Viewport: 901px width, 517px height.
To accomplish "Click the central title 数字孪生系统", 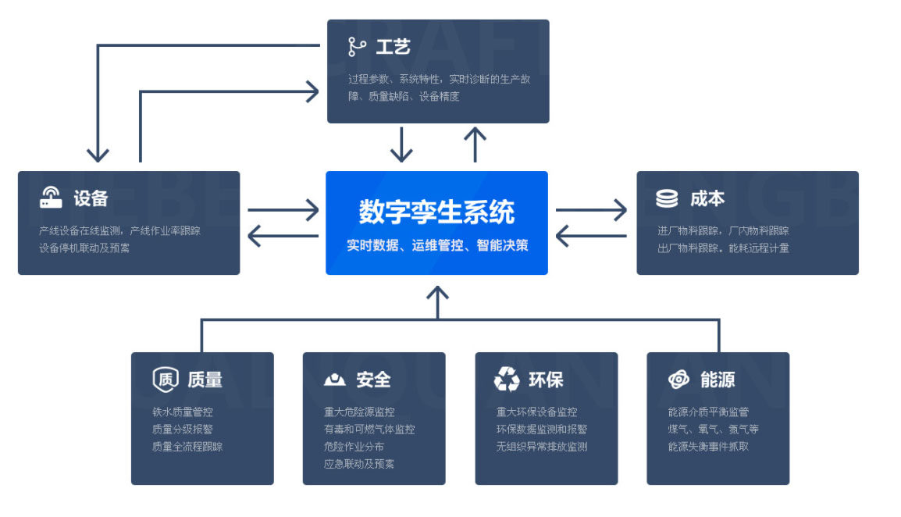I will [x=436, y=212].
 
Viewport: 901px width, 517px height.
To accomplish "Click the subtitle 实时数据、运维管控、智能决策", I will [x=436, y=245].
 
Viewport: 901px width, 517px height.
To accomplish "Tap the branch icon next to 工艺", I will [x=357, y=47].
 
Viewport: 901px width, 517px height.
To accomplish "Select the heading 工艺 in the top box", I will [x=393, y=47].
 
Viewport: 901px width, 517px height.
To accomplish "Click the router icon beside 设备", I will [x=51, y=198].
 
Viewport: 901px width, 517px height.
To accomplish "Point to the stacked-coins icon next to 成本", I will [x=667, y=198].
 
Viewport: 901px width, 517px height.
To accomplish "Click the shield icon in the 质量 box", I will [x=166, y=380].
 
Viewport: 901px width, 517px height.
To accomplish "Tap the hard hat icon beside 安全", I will [x=334, y=380].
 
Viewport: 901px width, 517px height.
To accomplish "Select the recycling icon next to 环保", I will [x=507, y=380].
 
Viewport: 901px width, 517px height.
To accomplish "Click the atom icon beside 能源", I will [x=678, y=380].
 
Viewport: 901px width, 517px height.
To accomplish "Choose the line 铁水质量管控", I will [x=183, y=412].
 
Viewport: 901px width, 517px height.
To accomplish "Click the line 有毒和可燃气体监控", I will [x=369, y=429].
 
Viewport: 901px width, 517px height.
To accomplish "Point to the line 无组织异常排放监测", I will [x=542, y=447].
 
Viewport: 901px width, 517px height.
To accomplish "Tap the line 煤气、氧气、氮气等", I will [x=713, y=429].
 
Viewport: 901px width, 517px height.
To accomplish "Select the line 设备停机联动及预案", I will [x=84, y=248].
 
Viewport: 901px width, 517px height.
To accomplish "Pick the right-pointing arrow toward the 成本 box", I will [x=591, y=210].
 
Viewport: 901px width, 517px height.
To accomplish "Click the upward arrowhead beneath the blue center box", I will [x=437, y=294].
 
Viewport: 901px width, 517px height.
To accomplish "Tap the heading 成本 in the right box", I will [x=707, y=198].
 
